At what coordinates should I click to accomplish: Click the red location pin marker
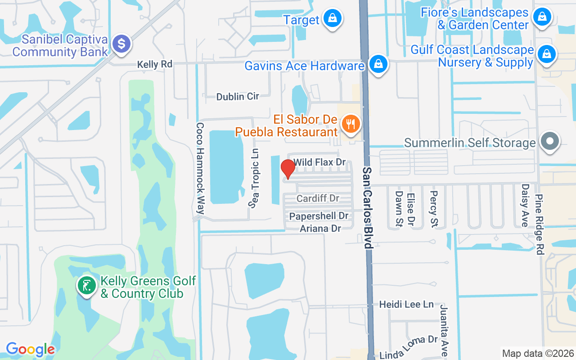[288, 169]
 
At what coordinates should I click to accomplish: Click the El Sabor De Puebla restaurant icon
[350, 124]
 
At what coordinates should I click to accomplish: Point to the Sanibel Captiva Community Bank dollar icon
[121, 44]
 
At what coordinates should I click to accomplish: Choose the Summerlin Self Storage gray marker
[549, 141]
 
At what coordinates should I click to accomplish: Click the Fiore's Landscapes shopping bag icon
[542, 18]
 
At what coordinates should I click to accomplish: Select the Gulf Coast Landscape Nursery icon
[546, 54]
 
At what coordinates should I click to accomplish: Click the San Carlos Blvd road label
[368, 207]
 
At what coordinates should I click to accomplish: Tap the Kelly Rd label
[155, 65]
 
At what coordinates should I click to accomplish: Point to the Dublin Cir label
[238, 96]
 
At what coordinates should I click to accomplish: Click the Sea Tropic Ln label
[255, 178]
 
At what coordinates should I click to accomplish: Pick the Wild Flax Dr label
[319, 162]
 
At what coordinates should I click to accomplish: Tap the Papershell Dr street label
[319, 216]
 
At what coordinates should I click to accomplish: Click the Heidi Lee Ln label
[406, 305]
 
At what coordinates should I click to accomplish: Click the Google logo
[30, 349]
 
